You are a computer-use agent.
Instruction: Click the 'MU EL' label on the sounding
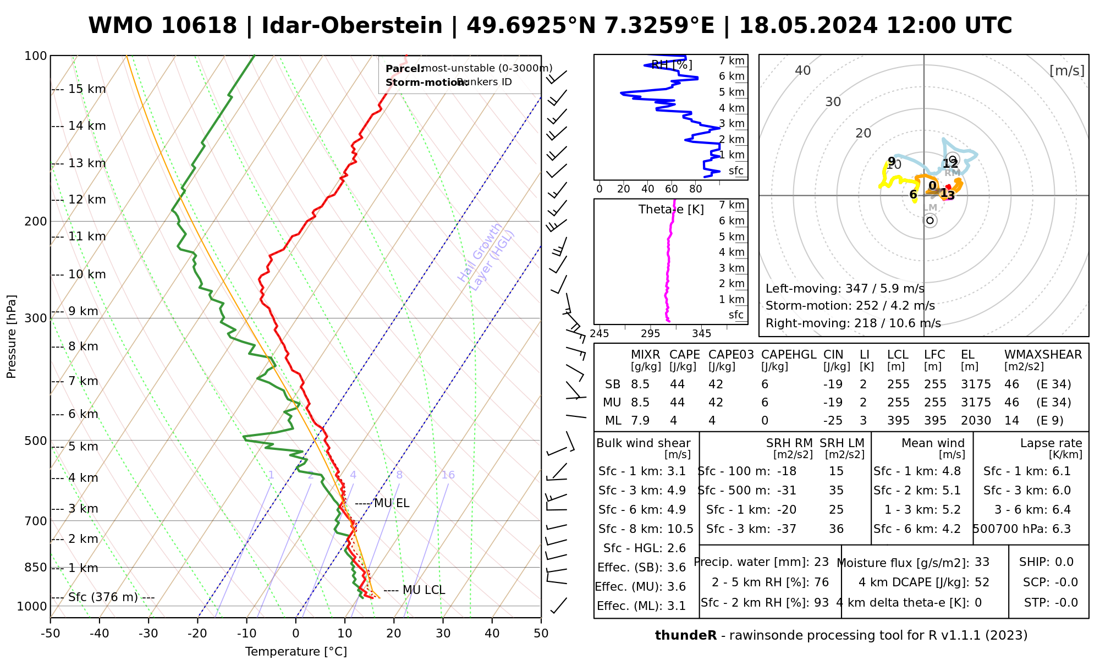pyautogui.click(x=391, y=503)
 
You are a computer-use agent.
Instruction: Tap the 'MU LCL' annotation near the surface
pyautogui.click(x=423, y=590)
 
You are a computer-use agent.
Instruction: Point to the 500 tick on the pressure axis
pyautogui.click(x=36, y=441)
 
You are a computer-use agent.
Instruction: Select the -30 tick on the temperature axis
pyautogui.click(x=148, y=633)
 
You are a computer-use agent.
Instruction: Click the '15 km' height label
pyautogui.click(x=87, y=89)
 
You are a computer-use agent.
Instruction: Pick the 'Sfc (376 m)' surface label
pyautogui.click(x=103, y=597)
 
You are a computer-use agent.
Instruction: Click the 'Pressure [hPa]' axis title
pyautogui.click(x=12, y=337)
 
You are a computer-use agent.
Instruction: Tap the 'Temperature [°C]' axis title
pyautogui.click(x=296, y=652)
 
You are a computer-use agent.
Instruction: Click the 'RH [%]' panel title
pyautogui.click(x=671, y=65)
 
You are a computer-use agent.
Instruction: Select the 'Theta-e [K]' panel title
pyautogui.click(x=671, y=210)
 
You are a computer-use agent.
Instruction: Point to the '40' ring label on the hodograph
pyautogui.click(x=803, y=70)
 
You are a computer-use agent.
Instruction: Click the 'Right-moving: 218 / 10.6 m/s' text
pyautogui.click(x=853, y=323)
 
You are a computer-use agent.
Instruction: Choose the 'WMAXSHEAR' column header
pyautogui.click(x=1043, y=355)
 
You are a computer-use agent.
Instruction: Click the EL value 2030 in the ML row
pyautogui.click(x=976, y=421)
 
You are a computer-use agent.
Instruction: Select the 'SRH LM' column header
pyautogui.click(x=842, y=443)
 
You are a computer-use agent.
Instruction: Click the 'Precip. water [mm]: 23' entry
pyautogui.click(x=761, y=562)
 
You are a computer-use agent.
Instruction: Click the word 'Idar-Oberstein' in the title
pyautogui.click(x=352, y=26)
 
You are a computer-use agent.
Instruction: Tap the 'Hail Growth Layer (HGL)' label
pyautogui.click(x=486, y=257)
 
